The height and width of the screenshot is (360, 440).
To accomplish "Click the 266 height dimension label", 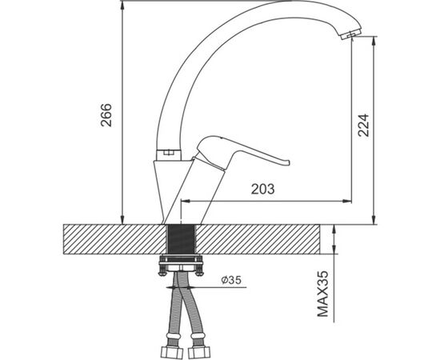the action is pos(106,115).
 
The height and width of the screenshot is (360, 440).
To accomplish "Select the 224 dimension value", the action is pos(363,125).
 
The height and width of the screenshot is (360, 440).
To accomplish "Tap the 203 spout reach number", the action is pos(263,189).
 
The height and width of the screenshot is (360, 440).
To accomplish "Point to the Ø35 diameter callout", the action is pos(231,280).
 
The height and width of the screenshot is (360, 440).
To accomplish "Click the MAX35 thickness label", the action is pos(322,294).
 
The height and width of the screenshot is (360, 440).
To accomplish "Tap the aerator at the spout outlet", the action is pos(350,34).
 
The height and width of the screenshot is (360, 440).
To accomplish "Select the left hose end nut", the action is pos(171,352).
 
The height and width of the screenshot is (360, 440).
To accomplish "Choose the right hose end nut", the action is pos(199,352).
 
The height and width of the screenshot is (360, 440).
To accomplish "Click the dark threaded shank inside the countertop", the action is pos(181,239).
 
